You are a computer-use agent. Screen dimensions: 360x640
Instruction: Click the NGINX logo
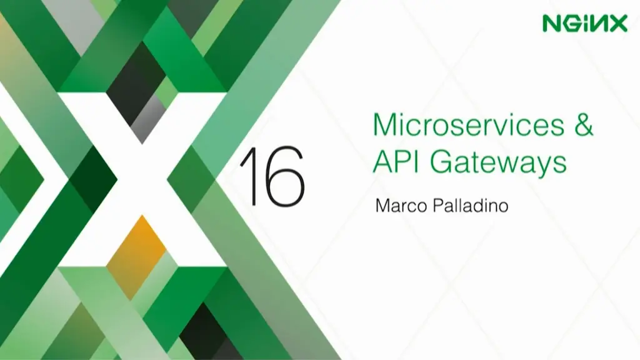tap(584, 24)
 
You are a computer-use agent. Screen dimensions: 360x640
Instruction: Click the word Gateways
tap(498, 162)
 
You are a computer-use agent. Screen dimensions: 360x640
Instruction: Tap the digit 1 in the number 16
tap(252, 176)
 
